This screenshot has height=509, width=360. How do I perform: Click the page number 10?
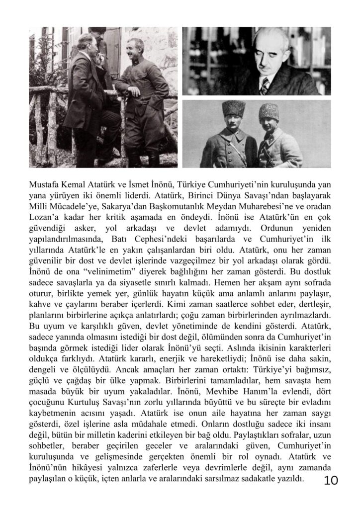point(331,480)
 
